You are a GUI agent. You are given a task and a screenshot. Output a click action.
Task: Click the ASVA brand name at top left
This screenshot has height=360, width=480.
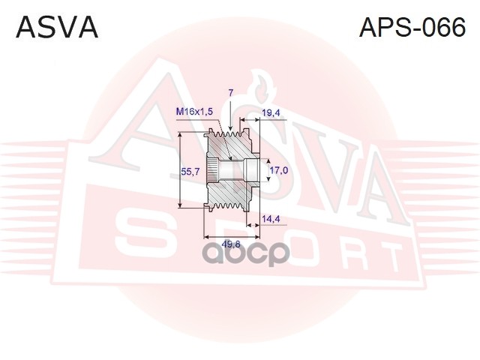(x=57, y=27)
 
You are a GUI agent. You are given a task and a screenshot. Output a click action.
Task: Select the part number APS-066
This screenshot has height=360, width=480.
(x=412, y=27)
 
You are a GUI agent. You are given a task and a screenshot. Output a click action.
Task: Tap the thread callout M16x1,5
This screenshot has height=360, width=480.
(x=194, y=111)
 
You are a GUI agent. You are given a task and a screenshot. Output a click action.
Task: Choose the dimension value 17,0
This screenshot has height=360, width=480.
(x=279, y=170)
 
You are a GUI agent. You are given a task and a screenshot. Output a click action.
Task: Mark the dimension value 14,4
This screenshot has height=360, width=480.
(x=271, y=219)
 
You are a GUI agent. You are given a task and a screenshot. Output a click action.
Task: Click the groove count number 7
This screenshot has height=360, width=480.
(x=231, y=92)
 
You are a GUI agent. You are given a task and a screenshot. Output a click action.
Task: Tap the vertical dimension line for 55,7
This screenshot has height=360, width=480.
(x=181, y=171)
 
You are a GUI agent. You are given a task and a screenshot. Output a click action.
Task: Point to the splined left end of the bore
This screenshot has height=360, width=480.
(x=212, y=171)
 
